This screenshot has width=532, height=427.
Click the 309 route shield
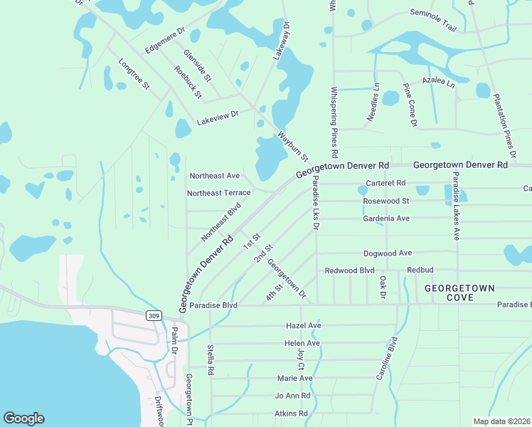[154, 315]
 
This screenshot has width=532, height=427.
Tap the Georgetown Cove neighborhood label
[459, 294]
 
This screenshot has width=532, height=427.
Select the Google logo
[23, 418]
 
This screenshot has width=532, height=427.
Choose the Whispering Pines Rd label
[334, 122]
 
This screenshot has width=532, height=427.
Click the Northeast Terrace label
[218, 193]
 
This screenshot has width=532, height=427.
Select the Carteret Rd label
[385, 184]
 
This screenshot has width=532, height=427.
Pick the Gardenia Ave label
[387, 218]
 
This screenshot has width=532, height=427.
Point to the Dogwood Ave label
[388, 253]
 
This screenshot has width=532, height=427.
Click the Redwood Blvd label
[349, 270]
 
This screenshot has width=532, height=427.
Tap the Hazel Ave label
[303, 325]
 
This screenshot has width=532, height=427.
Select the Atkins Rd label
[290, 413]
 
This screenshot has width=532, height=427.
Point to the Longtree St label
[134, 74]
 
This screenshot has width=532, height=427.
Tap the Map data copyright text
[501, 421]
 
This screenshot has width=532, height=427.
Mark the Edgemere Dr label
[164, 41]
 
